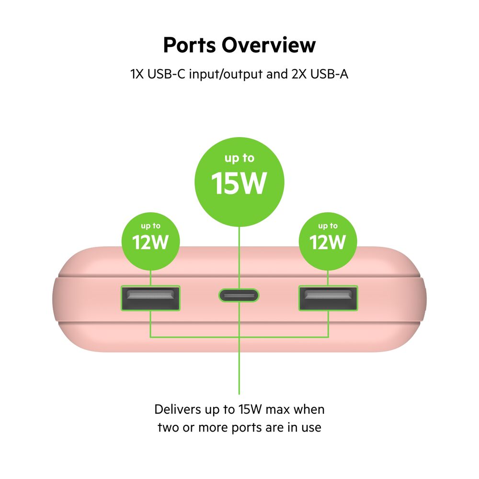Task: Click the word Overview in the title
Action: coord(268,45)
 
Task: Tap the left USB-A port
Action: coord(150,299)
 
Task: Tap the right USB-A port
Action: coord(328,299)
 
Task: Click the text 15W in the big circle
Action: coord(239,183)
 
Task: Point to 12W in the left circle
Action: coord(150,242)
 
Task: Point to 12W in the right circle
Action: coord(328,242)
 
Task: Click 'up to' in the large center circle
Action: coord(239,158)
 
